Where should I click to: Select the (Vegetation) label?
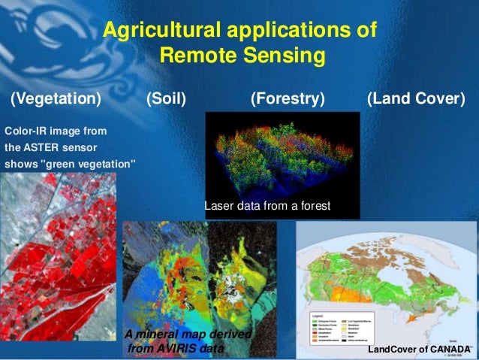[x=55, y=99]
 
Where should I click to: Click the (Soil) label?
[x=166, y=99]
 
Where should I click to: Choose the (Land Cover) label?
[x=416, y=99]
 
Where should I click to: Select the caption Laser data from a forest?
[x=267, y=205]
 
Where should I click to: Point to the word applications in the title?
[x=291, y=32]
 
